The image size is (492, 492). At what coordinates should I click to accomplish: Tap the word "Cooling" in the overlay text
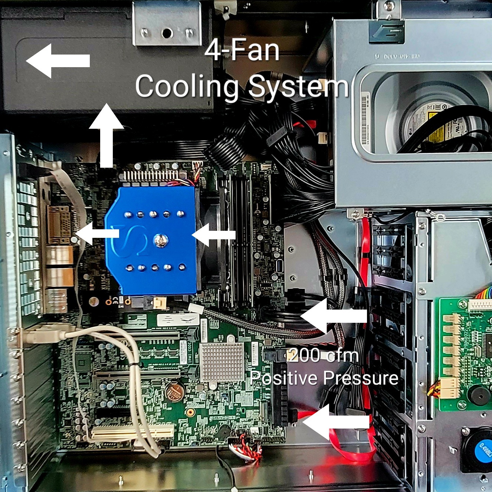pyautogui.click(x=187, y=86)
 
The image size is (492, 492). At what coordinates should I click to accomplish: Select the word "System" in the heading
pyautogui.click(x=298, y=86)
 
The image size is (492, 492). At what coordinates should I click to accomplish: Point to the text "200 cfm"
pyautogui.click(x=324, y=355)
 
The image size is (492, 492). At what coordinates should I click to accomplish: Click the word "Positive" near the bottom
pyautogui.click(x=284, y=378)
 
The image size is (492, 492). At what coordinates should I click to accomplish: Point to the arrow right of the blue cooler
pyautogui.click(x=214, y=235)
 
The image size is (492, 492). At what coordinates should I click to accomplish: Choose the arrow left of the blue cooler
pyautogui.click(x=97, y=233)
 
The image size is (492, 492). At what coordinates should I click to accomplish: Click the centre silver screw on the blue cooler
pyautogui.click(x=160, y=240)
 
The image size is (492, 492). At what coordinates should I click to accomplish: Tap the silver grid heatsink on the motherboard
pyautogui.click(x=222, y=362)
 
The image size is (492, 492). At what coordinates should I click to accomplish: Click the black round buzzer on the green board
pyautogui.click(x=478, y=395)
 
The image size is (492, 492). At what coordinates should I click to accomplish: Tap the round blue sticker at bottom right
pyautogui.click(x=484, y=450)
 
